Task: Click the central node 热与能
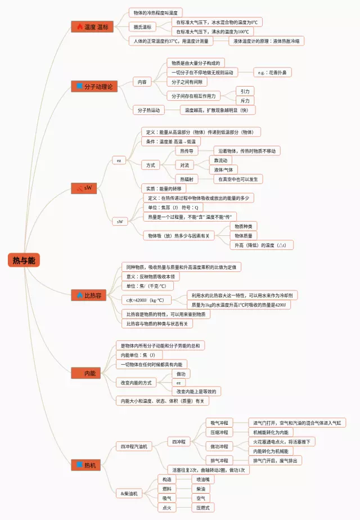24,259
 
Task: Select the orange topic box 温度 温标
92,26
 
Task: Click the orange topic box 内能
89,373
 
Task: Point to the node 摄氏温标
142,26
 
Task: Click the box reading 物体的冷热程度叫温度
156,12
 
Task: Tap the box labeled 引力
245,91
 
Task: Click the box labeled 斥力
245,101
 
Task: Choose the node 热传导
187,151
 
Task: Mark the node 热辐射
187,179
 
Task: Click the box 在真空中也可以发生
238,179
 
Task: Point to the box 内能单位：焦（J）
138,355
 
